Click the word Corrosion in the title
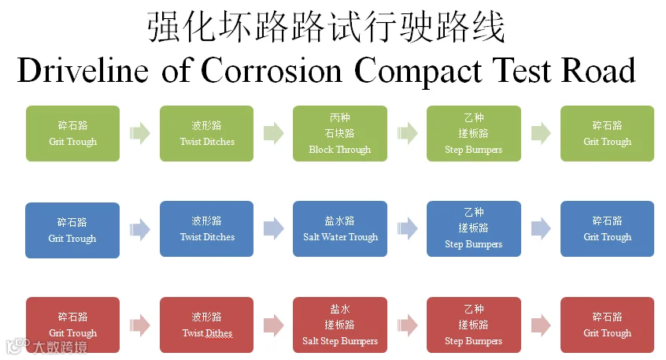(x=272, y=70)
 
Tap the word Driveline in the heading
(x=83, y=70)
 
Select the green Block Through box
(x=340, y=133)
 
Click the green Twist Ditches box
(x=206, y=133)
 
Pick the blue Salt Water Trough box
(x=340, y=228)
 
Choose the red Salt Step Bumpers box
(x=340, y=325)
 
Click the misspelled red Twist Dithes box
(x=206, y=325)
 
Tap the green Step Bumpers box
(x=474, y=133)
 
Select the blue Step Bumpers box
(x=474, y=228)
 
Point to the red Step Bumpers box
(x=474, y=325)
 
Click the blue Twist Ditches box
(x=206, y=228)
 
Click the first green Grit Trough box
(x=72, y=133)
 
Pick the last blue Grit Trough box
(x=608, y=228)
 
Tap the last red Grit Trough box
(x=608, y=325)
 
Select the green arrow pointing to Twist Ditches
(x=140, y=133)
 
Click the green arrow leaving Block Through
(x=407, y=133)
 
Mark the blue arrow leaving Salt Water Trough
(x=407, y=228)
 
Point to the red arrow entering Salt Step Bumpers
(x=273, y=325)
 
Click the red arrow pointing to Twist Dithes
(x=140, y=325)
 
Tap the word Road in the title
(x=598, y=70)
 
